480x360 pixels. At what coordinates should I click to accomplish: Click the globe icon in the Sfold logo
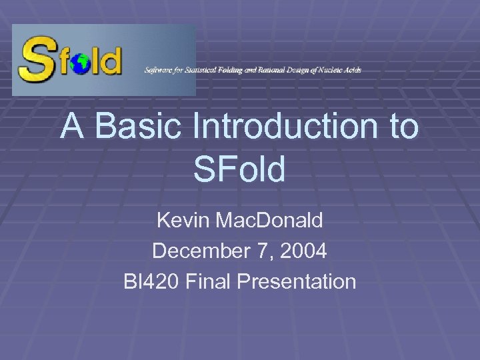(82, 64)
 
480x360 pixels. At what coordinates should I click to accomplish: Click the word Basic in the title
(138, 127)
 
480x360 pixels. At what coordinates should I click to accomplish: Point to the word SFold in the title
(239, 170)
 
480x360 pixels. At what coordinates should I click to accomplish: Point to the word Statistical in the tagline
(202, 70)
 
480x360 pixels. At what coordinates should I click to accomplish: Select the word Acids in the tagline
(352, 70)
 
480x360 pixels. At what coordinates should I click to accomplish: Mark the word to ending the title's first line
(402, 127)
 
